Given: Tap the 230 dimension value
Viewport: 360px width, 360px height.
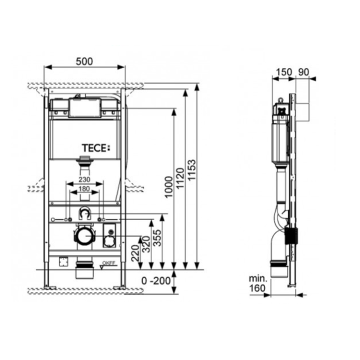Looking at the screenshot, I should pos(83,180).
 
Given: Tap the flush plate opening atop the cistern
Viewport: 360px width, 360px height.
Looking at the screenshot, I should pos(84,107).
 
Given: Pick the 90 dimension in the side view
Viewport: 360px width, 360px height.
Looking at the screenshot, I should pos(303,72).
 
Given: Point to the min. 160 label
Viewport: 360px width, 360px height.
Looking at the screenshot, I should pos(259,282).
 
